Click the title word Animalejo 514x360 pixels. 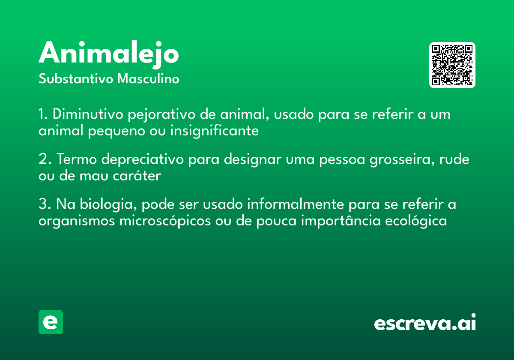[108, 54]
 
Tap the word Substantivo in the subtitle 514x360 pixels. [76, 78]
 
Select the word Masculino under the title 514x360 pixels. [148, 78]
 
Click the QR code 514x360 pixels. [452, 65]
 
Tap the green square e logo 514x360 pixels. [51, 322]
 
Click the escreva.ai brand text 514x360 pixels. [425, 322]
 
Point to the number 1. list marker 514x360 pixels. [43, 114]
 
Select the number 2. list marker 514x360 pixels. [45, 159]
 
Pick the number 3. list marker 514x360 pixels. [45, 204]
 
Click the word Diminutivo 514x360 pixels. [88, 114]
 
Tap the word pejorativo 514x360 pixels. [161, 115]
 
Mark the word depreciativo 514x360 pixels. [143, 160]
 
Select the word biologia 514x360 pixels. [108, 205]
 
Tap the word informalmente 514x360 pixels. [296, 204]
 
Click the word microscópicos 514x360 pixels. [165, 221]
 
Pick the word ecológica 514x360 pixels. [416, 221]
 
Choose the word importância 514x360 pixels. [341, 221]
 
